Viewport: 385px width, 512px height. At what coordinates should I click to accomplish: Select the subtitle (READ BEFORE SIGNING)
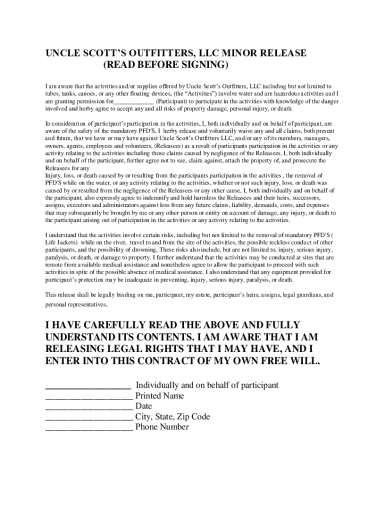coord(165,65)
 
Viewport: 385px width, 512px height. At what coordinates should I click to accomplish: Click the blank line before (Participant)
coord(133,101)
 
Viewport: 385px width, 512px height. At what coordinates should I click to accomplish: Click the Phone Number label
coord(162,427)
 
